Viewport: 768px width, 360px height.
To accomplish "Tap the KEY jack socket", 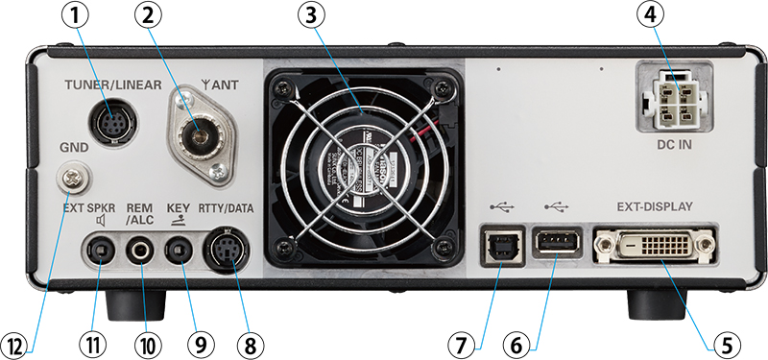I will click(179, 252).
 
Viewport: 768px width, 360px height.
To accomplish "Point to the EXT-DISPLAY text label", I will click(655, 207).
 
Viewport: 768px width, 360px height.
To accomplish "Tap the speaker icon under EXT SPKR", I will click(100, 219).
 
